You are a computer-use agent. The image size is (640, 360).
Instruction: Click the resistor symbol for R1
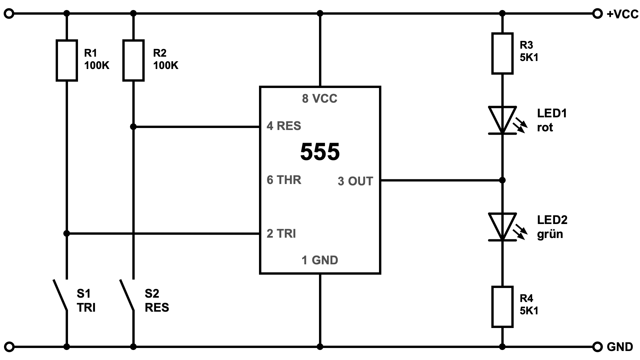tap(67, 60)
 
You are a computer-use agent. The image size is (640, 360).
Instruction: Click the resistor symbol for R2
tap(133, 60)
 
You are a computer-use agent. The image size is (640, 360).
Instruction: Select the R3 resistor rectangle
tap(502, 53)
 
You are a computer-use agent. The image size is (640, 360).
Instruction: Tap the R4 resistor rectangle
tap(502, 307)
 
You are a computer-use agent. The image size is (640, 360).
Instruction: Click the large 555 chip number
tap(320, 152)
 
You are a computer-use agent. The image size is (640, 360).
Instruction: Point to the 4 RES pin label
tap(284, 126)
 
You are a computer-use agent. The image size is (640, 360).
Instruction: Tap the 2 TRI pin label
tap(281, 234)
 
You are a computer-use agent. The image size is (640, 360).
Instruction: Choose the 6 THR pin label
tap(284, 180)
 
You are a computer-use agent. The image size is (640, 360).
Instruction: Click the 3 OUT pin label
tap(355, 181)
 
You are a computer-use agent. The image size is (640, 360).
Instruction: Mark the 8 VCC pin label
tap(319, 99)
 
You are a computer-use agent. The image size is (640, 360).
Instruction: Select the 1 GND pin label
tap(320, 260)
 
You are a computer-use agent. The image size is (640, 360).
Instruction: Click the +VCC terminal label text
tap(622, 14)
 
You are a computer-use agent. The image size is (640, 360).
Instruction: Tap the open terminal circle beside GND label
tap(598, 347)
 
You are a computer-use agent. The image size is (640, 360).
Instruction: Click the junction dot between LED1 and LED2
tap(502, 180)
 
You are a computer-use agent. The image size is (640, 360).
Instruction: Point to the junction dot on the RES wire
tap(133, 127)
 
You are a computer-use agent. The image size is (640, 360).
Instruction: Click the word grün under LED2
tap(550, 234)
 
